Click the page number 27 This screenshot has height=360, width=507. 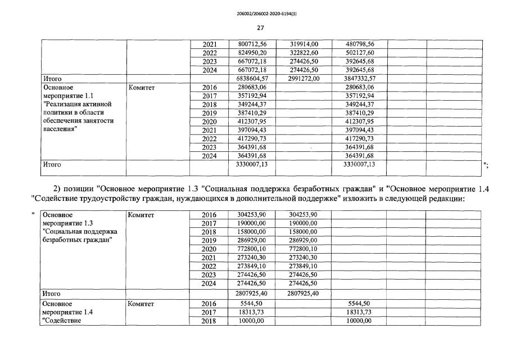(260, 28)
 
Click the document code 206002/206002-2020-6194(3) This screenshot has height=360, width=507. (260, 11)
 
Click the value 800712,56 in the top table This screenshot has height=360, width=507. (248, 44)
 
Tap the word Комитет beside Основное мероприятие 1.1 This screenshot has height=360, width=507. (142, 88)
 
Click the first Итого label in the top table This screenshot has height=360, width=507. (52, 79)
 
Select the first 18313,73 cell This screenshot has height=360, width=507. (248, 312)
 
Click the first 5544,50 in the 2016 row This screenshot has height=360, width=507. (248, 303)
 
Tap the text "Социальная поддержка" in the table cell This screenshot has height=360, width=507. (80, 232)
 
